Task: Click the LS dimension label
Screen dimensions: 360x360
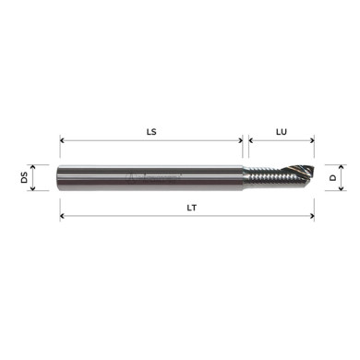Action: (152, 132)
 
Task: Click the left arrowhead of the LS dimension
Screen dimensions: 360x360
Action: (63, 142)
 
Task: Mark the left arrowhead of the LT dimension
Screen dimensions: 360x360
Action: (63, 217)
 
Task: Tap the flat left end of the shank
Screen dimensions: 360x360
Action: (61, 176)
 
